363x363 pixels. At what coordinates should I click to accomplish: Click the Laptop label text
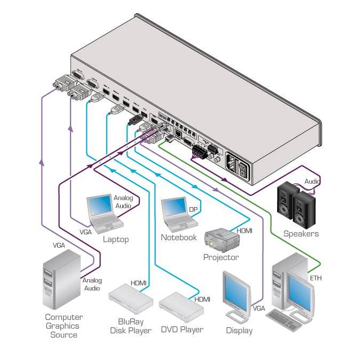[x=115, y=239]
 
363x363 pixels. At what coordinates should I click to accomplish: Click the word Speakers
[x=301, y=234]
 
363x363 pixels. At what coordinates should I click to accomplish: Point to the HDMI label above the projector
[x=244, y=231]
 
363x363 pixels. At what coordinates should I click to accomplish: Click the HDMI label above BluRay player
[x=138, y=283]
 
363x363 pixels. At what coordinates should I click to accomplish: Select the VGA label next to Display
[x=258, y=309]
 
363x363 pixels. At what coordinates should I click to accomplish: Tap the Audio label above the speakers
[x=312, y=181]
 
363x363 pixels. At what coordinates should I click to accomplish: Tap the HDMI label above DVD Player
[x=202, y=300]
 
